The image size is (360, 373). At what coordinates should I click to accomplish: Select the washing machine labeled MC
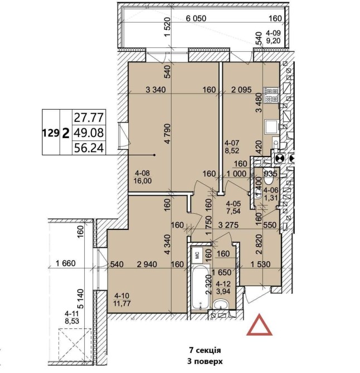197,255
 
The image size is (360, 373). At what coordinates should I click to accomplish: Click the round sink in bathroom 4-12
221,305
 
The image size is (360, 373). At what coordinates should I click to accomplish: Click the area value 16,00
143,181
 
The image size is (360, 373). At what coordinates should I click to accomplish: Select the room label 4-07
232,143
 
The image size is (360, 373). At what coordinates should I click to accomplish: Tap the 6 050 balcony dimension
196,18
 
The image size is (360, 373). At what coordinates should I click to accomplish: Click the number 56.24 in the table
89,148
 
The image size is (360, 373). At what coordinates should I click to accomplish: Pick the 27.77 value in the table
89,117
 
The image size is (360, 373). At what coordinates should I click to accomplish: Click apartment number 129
51,132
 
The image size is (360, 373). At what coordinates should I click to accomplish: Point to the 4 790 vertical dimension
168,134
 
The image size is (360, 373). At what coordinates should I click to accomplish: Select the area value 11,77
123,303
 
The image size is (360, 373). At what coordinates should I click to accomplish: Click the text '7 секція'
205,350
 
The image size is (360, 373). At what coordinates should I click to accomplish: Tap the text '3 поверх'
205,361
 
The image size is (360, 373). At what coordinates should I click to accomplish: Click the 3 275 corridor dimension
228,225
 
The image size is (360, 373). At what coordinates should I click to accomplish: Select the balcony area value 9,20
273,41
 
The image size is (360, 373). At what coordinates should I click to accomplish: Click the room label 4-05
233,204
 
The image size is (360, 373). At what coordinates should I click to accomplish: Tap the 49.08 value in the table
89,132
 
